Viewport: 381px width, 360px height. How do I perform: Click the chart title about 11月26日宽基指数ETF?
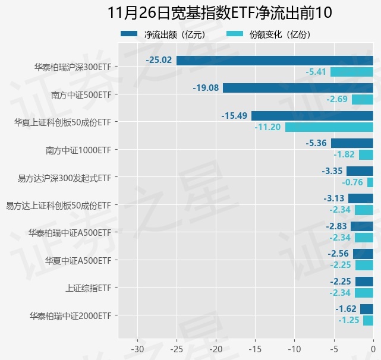pyautogui.click(x=220, y=12)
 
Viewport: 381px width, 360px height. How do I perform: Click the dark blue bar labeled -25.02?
pyautogui.click(x=275, y=60)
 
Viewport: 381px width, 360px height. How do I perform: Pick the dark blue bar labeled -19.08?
pyautogui.click(x=298, y=88)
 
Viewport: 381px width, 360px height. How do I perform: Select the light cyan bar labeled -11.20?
pyautogui.click(x=329, y=127)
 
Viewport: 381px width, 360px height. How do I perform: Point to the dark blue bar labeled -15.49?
pyautogui.click(x=312, y=115)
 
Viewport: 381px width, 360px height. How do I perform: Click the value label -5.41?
pyautogui.click(x=316, y=72)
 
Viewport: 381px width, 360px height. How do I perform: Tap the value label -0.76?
pyautogui.click(x=352, y=182)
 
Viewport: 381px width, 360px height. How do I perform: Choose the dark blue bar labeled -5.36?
pyautogui.click(x=352, y=143)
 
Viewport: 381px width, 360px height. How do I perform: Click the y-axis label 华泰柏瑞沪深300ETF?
pyautogui.click(x=73, y=67)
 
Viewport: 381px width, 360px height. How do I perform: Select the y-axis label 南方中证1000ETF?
pyautogui.click(x=78, y=150)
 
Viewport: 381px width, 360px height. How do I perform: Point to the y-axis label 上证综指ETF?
pyautogui.click(x=88, y=288)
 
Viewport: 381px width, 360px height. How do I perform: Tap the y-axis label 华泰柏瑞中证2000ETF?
pyautogui.click(x=70, y=315)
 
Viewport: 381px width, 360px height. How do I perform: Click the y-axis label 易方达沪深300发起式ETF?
pyautogui.click(x=64, y=177)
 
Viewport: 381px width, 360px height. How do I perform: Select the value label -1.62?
pyautogui.click(x=346, y=309)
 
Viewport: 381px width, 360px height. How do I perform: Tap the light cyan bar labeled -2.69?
pyautogui.click(x=362, y=99)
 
